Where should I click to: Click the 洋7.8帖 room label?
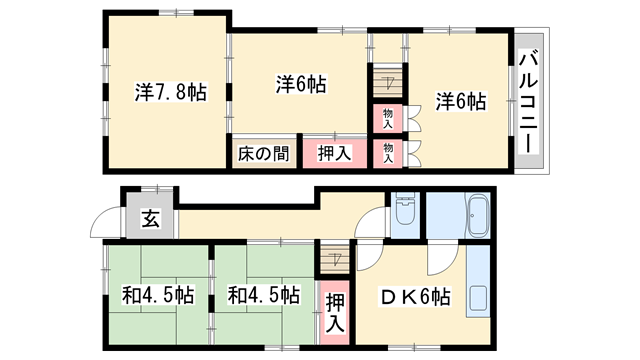pyautogui.click(x=171, y=93)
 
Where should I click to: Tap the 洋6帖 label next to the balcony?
pyautogui.click(x=461, y=101)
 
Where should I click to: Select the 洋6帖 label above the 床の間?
pyautogui.click(x=301, y=84)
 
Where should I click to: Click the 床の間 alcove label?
pyautogui.click(x=264, y=154)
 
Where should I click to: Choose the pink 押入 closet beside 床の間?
pyautogui.click(x=334, y=154)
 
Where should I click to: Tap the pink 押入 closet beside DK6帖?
pyautogui.click(x=335, y=311)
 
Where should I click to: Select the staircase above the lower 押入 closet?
pyautogui.click(x=332, y=261)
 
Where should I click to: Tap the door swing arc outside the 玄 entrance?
pyautogui.click(x=105, y=225)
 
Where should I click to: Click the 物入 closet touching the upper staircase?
pyautogui.click(x=387, y=118)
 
